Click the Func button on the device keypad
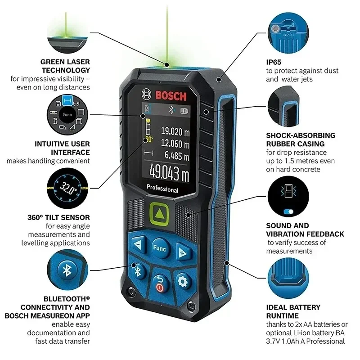coord(159,248)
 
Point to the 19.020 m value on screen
coord(175,131)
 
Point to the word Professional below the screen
coord(162,190)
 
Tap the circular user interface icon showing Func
coord(67,115)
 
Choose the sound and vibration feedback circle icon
coord(288,196)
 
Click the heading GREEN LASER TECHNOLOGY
coord(65,66)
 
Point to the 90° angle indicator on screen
coord(149,140)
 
